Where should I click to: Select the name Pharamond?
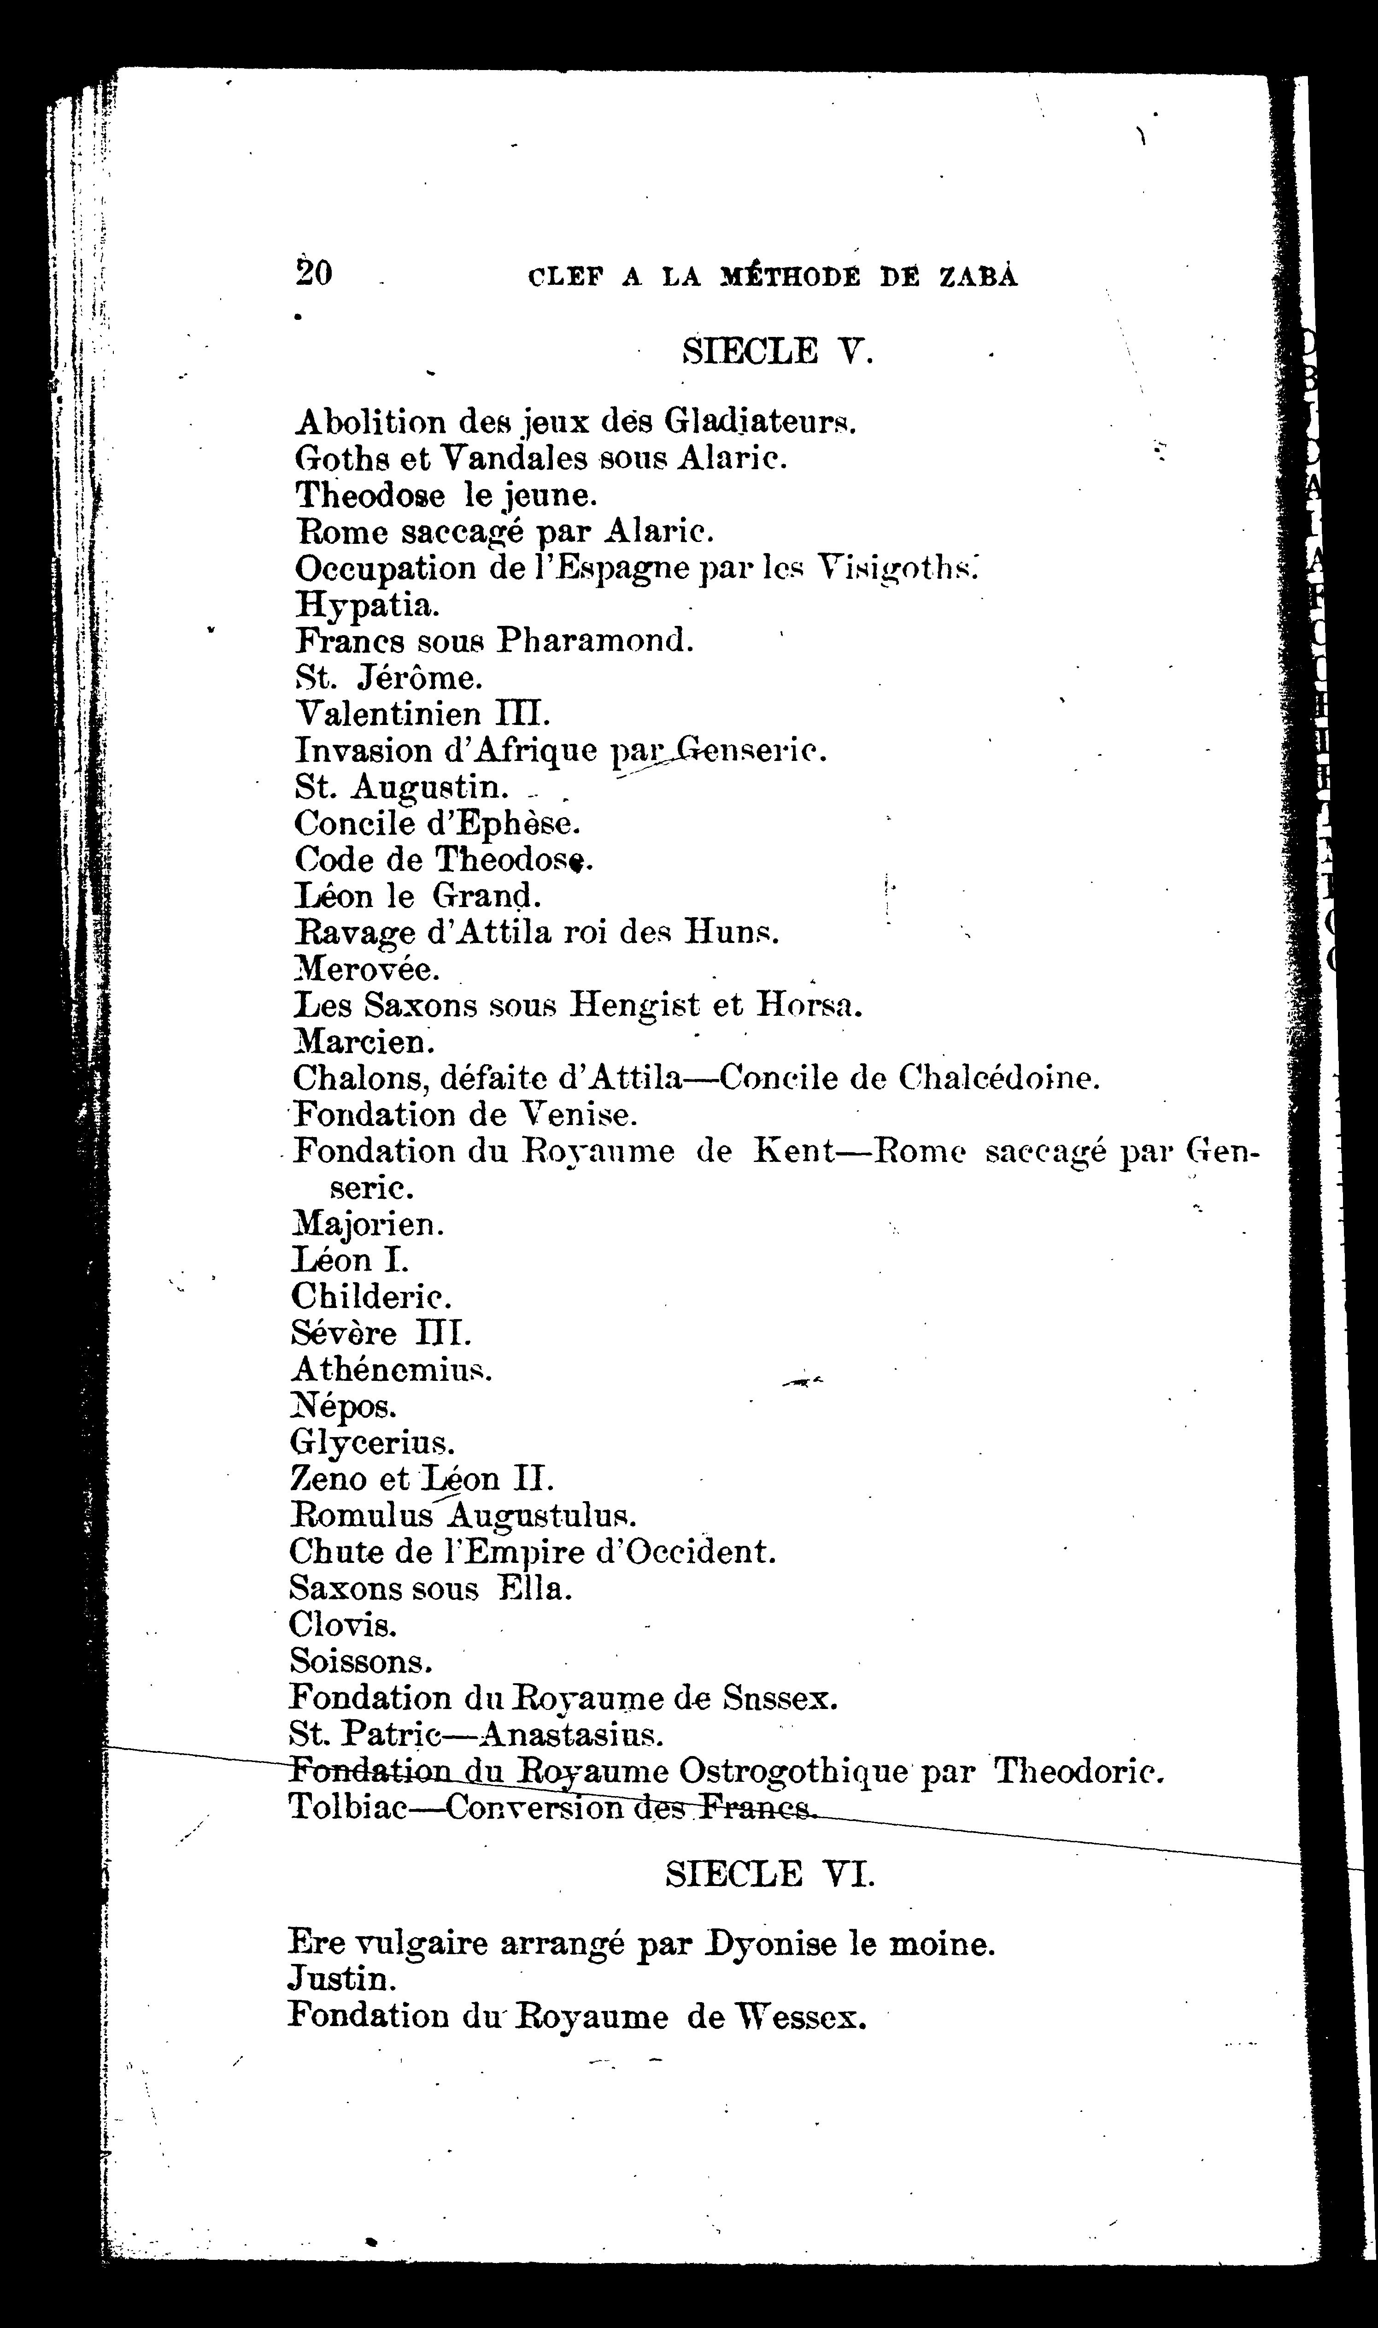594,641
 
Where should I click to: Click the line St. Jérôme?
388,678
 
